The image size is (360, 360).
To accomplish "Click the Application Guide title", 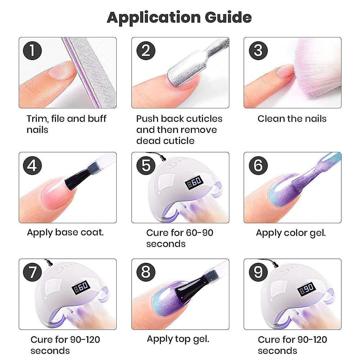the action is click(x=179, y=18).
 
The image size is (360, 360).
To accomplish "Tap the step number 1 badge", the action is click(x=32, y=51).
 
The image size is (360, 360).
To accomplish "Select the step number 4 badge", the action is click(x=32, y=166).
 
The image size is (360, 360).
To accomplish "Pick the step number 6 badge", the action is click(x=258, y=166).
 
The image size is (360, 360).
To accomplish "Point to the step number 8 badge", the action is click(x=146, y=272).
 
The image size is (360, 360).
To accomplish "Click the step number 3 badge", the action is click(x=258, y=51).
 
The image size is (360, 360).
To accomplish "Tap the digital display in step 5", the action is click(x=194, y=182).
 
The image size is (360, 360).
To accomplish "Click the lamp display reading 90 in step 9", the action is click(x=307, y=289).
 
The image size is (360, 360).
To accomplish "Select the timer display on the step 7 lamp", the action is click(x=81, y=287).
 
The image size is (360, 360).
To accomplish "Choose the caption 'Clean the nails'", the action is click(x=292, y=119).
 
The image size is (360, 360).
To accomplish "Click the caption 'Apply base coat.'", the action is click(x=66, y=233).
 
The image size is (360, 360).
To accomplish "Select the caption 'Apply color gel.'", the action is click(x=291, y=233).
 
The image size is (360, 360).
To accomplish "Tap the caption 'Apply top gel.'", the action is click(x=178, y=339).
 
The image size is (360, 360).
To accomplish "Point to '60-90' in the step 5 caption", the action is click(x=199, y=233).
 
